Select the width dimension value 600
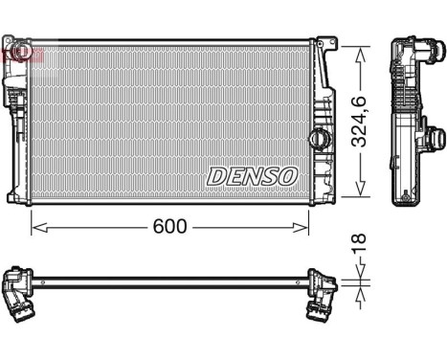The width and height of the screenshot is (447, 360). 170,227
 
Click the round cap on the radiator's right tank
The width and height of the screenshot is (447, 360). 317,138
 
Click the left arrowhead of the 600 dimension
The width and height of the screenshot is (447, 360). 36,227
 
